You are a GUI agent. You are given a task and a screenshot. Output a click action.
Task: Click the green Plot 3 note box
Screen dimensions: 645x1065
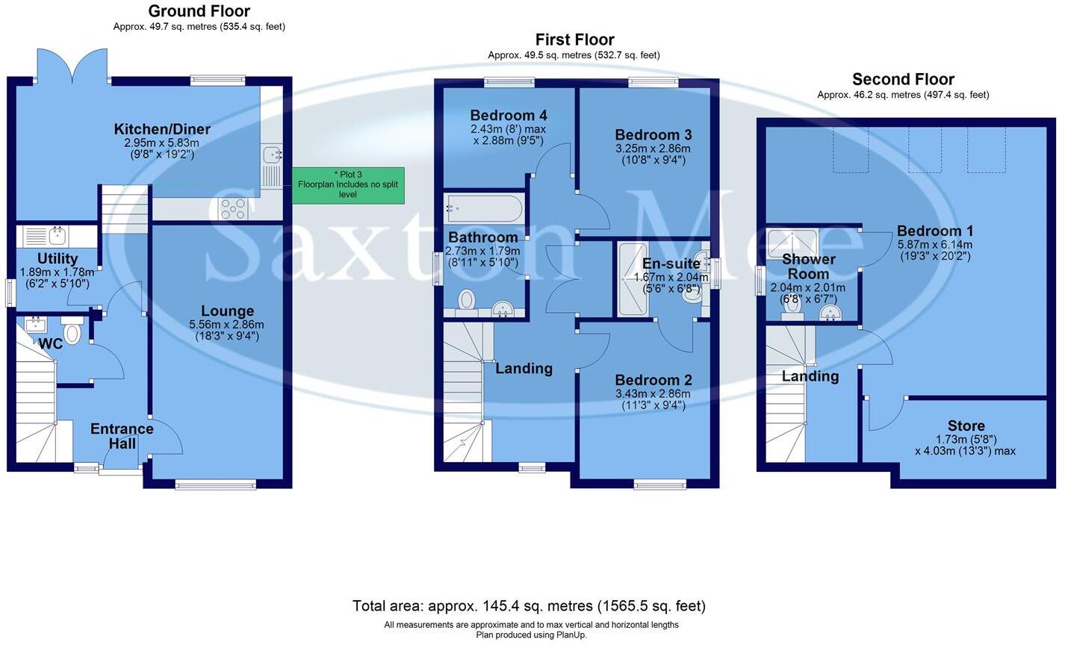348,185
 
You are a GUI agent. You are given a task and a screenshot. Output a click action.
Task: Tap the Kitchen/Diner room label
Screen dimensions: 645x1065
162,130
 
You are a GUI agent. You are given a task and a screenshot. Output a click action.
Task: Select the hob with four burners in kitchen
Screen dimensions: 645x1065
233,208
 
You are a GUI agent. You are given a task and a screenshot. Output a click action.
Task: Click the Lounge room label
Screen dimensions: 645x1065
227,311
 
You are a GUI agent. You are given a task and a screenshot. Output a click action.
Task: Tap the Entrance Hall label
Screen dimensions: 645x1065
122,436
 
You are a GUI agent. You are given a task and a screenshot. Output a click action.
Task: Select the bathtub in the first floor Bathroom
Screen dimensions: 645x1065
484,208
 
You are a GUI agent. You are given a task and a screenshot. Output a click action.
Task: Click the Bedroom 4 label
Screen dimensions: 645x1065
508,116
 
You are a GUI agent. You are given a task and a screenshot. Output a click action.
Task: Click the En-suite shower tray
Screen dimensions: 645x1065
633,278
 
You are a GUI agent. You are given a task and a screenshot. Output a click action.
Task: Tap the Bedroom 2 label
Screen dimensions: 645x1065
653,380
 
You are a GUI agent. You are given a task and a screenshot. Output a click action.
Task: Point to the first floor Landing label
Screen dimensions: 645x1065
524,368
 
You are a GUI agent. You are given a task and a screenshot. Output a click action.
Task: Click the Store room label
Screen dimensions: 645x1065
966,426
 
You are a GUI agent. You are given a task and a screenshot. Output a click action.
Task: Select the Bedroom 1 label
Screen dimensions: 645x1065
935,231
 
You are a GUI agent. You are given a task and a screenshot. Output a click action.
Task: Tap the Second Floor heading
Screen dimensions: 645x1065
903,79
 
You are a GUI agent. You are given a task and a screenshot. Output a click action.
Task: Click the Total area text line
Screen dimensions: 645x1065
529,605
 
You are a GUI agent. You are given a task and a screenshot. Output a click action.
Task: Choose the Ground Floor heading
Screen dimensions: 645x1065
199,11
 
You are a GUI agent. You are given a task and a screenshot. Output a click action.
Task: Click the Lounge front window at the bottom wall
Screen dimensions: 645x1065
215,485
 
